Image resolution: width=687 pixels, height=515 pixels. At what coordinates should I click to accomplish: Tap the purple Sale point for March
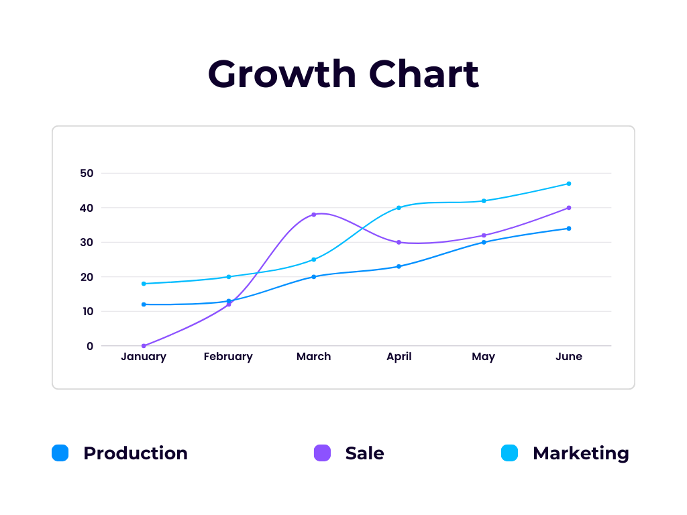coord(314,215)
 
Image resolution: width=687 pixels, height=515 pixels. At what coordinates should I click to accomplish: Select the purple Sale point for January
coord(144,346)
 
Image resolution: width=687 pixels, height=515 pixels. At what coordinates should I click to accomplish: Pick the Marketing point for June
coord(569,184)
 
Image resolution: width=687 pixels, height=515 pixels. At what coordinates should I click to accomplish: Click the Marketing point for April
coord(399,208)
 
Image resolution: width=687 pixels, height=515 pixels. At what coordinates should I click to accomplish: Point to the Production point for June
coord(569,229)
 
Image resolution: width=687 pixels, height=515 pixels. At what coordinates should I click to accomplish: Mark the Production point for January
coord(144,304)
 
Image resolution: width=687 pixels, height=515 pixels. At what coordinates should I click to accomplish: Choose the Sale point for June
coord(569,208)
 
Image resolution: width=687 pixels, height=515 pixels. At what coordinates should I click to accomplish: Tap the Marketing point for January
coord(144,284)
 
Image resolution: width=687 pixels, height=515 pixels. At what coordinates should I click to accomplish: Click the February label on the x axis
coord(228,357)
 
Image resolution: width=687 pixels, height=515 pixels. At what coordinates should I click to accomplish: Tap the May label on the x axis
coord(483,357)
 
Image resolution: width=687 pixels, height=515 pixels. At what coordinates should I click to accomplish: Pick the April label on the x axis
coord(399,357)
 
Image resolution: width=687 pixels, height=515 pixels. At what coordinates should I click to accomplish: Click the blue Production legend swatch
coord(60,453)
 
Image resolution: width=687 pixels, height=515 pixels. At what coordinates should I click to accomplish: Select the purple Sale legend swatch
coord(323,453)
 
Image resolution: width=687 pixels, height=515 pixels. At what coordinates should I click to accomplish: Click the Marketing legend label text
coord(581,453)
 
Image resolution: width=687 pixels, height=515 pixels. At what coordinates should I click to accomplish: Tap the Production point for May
coord(484,242)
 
